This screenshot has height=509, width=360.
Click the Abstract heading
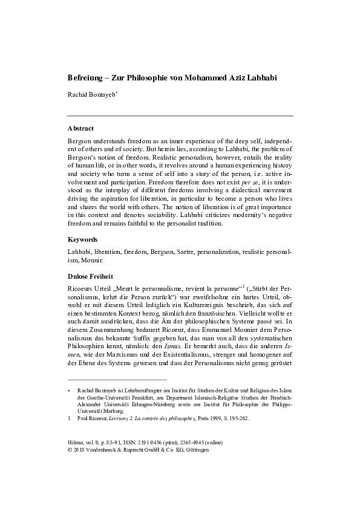82,128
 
